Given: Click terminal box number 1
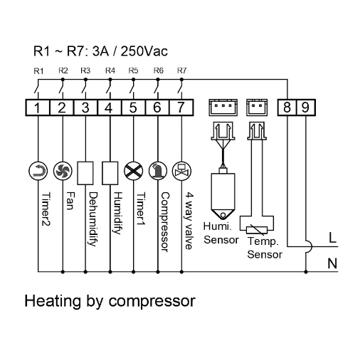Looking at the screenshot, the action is coord(38,108).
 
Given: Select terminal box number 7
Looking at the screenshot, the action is coord(181,108).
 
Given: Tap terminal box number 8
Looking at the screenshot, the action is coord(287,108).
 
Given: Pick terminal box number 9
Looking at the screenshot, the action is coord(306,108).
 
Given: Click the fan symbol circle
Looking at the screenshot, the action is coord(63,171).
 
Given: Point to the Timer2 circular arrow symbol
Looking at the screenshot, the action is coord(38,171).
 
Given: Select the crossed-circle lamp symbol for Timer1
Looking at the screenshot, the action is coord(134,171).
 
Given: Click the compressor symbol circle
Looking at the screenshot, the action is coord(158,171).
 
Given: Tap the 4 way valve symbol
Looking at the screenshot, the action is coord(181,171).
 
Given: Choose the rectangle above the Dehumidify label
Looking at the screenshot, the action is coord(85,173).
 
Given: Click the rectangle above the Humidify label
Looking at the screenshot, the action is coord(110,173).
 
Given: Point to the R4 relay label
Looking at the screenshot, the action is coord(110,70).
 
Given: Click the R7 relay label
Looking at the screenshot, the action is coord(182,70).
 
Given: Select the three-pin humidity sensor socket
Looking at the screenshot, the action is coord(223,108).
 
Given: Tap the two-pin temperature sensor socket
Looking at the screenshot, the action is coord(257,108).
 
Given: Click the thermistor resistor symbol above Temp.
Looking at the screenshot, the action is coord(257,230).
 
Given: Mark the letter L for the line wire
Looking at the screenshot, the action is coord(332,237).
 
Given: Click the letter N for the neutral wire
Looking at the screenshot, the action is coord(332,263).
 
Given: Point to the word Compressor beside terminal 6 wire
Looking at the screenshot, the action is coord(165,222).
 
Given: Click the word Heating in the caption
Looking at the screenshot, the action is coord(53,300).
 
